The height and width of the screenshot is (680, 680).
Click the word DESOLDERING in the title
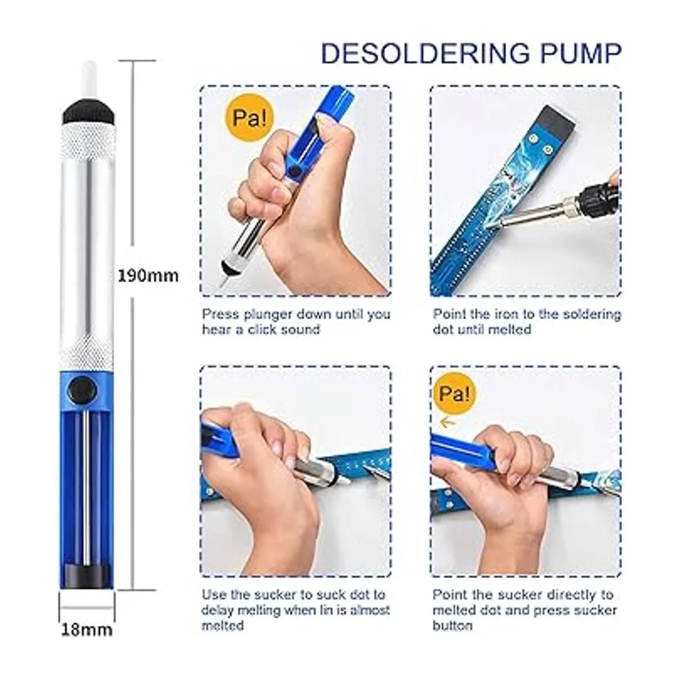(x=426, y=54)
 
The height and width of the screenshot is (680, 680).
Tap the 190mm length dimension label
(x=148, y=276)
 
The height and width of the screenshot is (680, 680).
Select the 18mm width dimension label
(x=87, y=630)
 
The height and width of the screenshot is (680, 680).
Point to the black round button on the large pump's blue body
(x=82, y=389)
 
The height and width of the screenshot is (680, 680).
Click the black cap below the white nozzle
(x=88, y=112)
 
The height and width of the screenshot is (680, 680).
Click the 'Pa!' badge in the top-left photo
(x=250, y=118)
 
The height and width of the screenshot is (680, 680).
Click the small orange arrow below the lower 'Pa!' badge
(x=448, y=422)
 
